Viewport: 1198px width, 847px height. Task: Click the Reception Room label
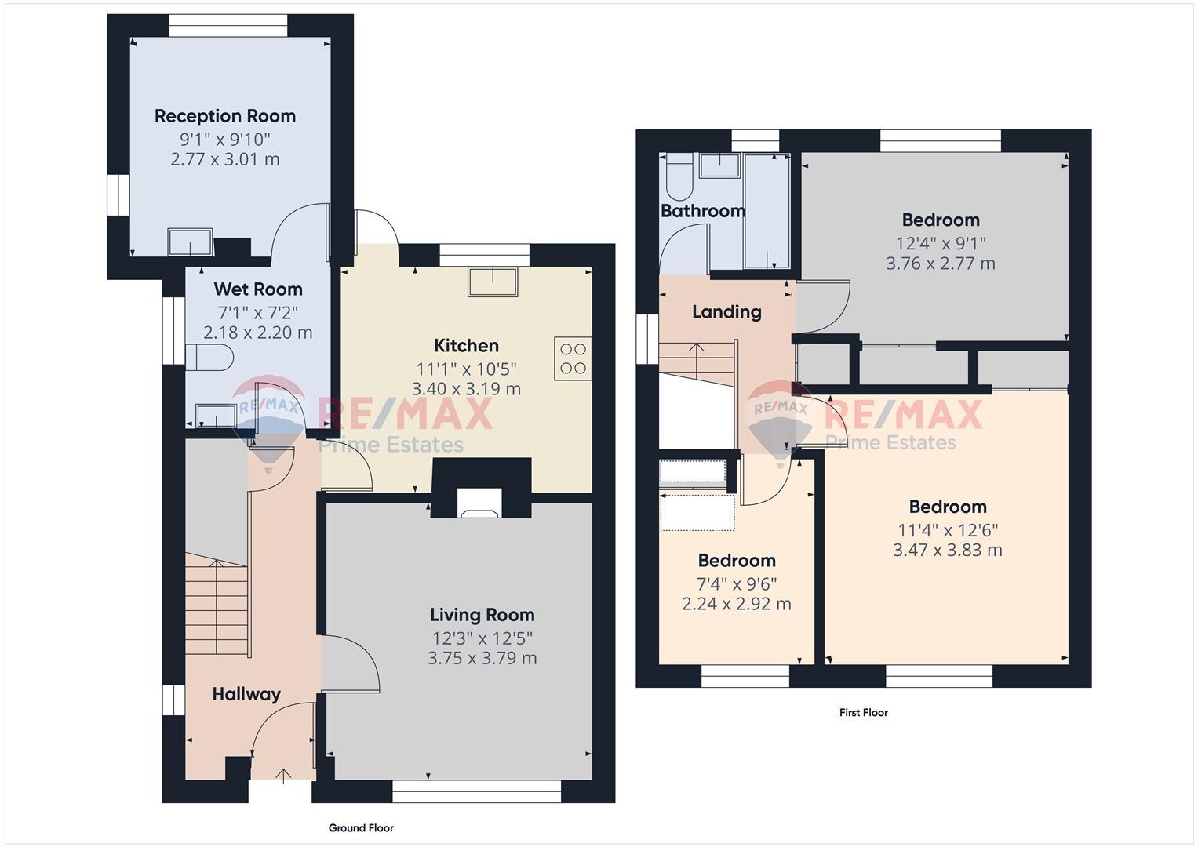coord(225,116)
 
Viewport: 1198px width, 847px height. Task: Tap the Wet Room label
coord(258,289)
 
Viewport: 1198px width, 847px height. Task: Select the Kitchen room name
coord(466,345)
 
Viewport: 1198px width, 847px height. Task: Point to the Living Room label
coord(482,615)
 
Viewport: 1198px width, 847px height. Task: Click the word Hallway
coord(246,694)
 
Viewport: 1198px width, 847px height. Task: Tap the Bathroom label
coord(703,211)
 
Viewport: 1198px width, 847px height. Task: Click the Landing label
coord(726,312)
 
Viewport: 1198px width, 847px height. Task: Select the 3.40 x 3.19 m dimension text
coord(466,389)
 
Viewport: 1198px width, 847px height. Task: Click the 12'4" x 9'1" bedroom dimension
coord(941,244)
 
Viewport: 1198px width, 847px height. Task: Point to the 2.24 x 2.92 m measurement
coord(737,604)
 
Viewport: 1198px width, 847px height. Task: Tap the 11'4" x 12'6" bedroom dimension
coord(948,530)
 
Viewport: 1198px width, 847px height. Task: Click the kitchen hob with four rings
coord(573,358)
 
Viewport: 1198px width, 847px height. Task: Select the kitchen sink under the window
coord(493,282)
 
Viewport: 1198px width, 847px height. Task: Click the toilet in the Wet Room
coord(209,357)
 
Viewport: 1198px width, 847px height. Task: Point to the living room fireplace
coord(479,503)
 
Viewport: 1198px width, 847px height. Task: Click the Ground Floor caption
coord(361,827)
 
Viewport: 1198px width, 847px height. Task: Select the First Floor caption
coord(864,712)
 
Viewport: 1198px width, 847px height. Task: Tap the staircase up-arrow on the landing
coord(696,361)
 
